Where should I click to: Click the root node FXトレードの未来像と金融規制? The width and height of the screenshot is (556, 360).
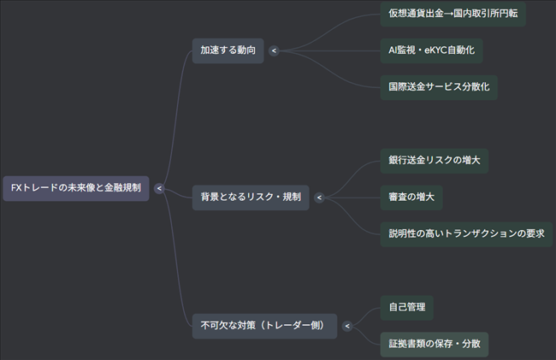(76, 187)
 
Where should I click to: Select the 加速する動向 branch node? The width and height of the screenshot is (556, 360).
(228, 50)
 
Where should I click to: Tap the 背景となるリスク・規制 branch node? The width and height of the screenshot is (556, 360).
(251, 198)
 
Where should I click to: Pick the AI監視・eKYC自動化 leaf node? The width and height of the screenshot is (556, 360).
(431, 50)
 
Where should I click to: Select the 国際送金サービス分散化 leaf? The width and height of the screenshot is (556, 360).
(439, 86)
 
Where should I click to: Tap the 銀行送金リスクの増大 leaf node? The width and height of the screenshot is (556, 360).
(435, 161)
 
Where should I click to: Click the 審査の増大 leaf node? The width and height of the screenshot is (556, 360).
(411, 198)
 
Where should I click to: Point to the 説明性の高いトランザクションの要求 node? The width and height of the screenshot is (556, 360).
(466, 233)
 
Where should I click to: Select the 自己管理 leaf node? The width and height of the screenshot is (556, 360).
(406, 307)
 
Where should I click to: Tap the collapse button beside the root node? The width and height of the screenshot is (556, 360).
(159, 188)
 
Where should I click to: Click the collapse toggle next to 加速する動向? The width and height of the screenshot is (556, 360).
(274, 51)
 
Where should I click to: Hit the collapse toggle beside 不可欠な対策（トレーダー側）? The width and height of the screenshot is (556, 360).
(346, 326)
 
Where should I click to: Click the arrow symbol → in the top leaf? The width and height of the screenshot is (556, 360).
(452, 15)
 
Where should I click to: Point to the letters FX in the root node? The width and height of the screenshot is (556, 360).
(16, 187)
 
